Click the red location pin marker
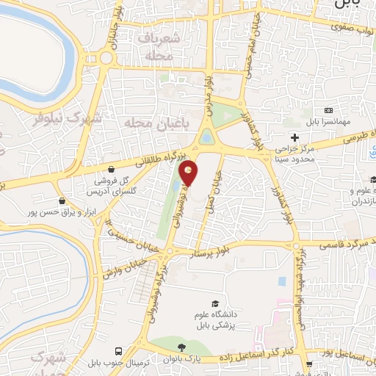coord(189,173)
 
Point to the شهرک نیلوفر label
coord(55,117)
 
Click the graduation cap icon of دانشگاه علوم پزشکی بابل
coord(214,304)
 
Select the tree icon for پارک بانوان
coord(180,347)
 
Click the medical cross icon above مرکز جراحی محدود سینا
coord(294,137)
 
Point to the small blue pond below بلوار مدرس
coord(206,137)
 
